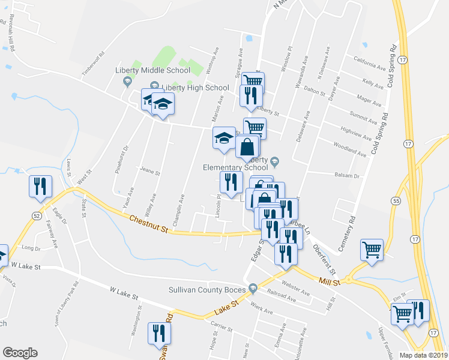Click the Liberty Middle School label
coord(152,70)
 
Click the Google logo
coord(20,353)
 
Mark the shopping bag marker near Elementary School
coord(247,146)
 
